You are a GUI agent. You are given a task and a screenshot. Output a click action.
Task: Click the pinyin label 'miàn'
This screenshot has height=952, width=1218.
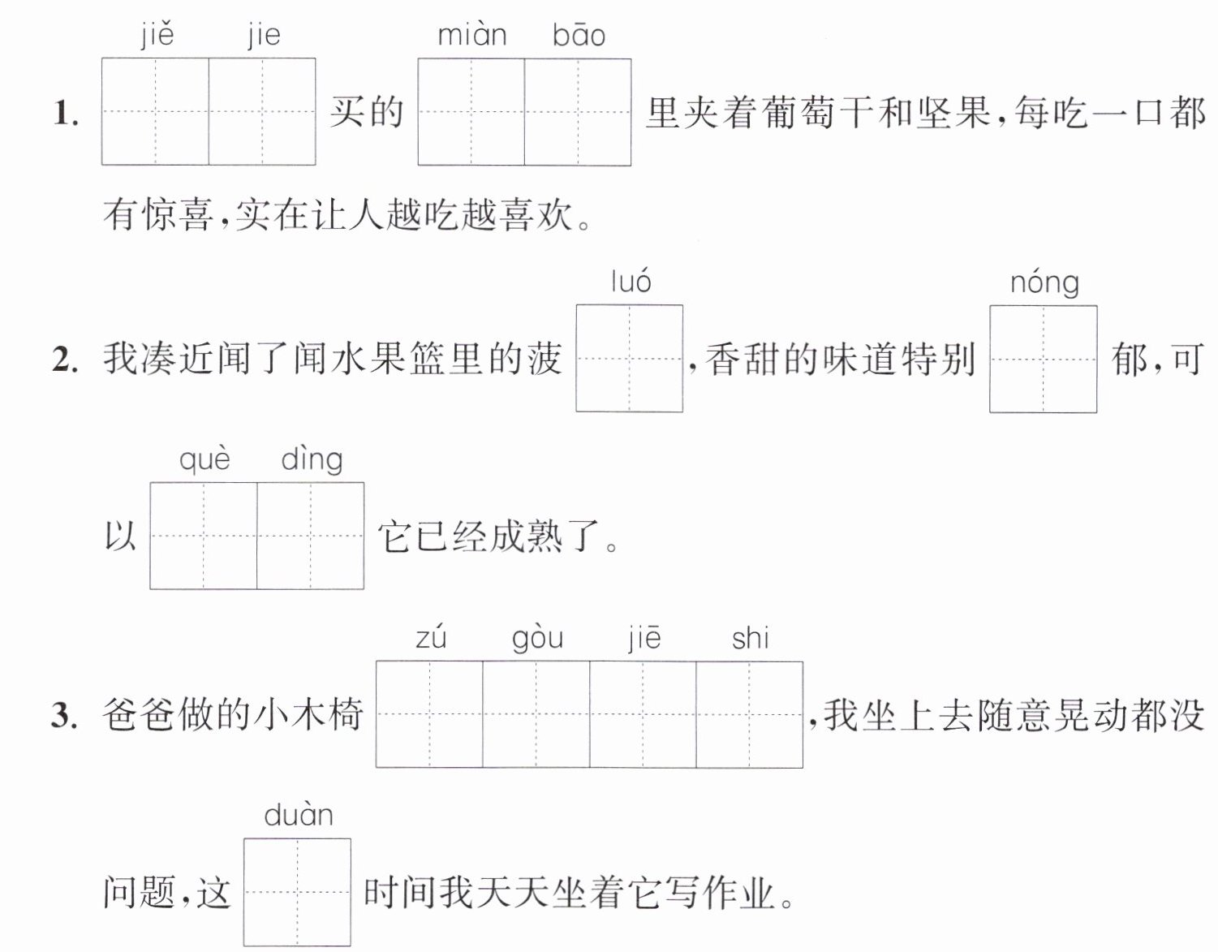pyautogui.click(x=472, y=35)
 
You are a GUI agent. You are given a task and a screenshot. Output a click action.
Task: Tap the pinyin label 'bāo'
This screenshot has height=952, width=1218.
pyautogui.click(x=579, y=35)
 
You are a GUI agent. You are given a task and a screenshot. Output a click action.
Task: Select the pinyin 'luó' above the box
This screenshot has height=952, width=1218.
pyautogui.click(x=631, y=282)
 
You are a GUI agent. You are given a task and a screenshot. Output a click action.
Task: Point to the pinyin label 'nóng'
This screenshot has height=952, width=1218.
pyautogui.click(x=1044, y=283)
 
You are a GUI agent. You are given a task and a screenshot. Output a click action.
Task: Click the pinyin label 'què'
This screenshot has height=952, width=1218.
pyautogui.click(x=204, y=459)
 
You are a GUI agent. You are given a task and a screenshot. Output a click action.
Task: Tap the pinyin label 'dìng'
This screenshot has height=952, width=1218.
pyautogui.click(x=312, y=459)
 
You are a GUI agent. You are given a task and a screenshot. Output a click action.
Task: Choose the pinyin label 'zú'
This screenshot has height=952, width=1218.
pyautogui.click(x=431, y=638)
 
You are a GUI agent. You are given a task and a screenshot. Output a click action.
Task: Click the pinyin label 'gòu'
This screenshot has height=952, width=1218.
pyautogui.click(x=537, y=639)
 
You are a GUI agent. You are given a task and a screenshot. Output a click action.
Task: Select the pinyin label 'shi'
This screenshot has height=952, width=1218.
pyautogui.click(x=750, y=638)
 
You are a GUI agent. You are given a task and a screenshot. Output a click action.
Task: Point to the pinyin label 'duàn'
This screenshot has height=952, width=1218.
pyautogui.click(x=298, y=816)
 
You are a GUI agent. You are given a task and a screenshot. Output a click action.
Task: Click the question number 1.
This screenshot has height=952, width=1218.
pyautogui.click(x=66, y=114)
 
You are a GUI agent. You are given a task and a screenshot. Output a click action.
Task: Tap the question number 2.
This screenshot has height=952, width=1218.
pyautogui.click(x=65, y=360)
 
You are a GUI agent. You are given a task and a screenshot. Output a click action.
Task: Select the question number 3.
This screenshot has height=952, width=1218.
pyautogui.click(x=64, y=716)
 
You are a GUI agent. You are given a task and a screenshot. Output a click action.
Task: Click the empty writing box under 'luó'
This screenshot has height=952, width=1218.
pyautogui.click(x=630, y=358)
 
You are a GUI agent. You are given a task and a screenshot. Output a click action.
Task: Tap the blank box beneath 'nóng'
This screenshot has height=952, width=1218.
pyautogui.click(x=1043, y=360)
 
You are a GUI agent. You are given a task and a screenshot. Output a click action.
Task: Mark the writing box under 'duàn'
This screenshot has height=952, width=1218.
pyautogui.click(x=297, y=892)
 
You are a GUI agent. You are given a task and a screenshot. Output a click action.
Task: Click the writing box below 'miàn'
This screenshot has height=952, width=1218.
pyautogui.click(x=471, y=112)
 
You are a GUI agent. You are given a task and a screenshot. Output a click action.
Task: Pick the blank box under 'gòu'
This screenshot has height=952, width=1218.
pyautogui.click(x=536, y=714)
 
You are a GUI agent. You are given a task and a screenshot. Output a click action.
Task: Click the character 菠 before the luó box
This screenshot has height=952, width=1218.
pyautogui.click(x=544, y=360)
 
